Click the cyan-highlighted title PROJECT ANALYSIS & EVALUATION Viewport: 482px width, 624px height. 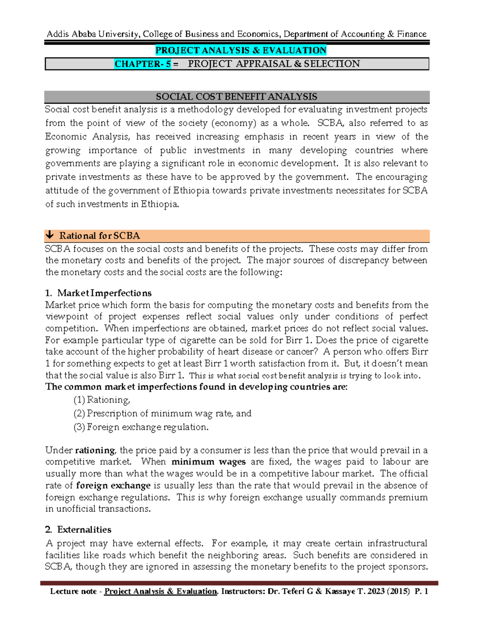[241, 50]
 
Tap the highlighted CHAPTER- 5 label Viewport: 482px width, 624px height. [143, 64]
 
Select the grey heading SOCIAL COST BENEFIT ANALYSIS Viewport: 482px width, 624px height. [237, 97]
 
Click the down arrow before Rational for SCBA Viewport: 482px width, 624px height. [50, 235]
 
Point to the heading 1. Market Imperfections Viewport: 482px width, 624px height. [98, 293]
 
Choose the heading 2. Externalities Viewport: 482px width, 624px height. [78, 530]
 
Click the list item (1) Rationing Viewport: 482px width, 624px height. [102, 400]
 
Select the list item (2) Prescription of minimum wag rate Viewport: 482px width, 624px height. [162, 413]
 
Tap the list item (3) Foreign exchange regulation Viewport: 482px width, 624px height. [141, 427]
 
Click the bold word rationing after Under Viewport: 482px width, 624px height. [95, 450]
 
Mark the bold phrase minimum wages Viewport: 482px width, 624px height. [208, 462]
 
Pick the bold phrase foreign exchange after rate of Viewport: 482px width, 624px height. [113, 485]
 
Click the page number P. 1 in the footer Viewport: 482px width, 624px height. [421, 591]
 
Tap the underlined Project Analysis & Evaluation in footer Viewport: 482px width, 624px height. [160, 591]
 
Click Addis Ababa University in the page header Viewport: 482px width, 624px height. [93, 34]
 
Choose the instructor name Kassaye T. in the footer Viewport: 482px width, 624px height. [346, 591]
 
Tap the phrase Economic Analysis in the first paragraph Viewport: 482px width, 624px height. [88, 137]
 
